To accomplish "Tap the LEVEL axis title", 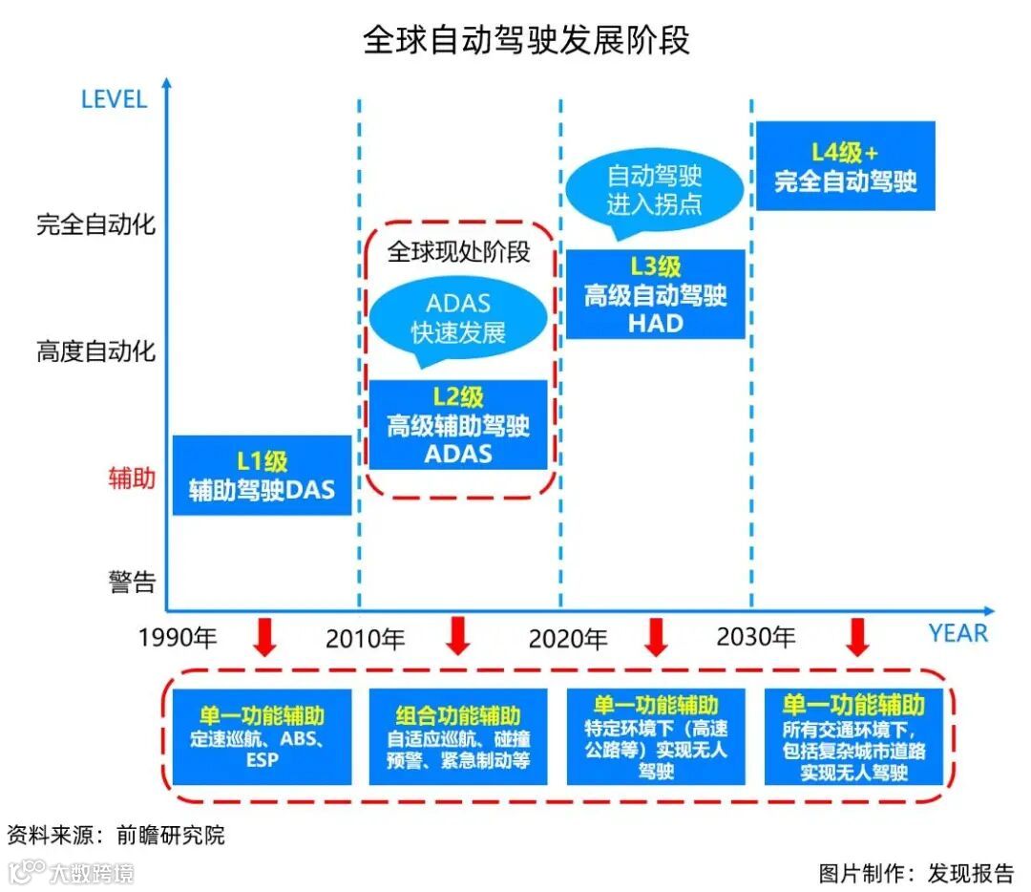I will click(114, 99).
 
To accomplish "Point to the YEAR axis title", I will click(957, 633).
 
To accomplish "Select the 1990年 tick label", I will click(178, 638).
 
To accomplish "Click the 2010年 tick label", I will click(365, 638).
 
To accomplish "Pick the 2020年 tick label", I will click(568, 638).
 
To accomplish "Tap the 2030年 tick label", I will click(756, 636).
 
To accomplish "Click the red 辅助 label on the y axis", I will click(131, 478).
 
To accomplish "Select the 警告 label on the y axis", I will click(132, 582).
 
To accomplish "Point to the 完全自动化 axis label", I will click(95, 225).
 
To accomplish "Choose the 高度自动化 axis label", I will click(95, 351).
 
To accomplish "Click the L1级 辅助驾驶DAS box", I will click(262, 476).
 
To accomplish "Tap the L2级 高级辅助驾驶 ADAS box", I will click(458, 425).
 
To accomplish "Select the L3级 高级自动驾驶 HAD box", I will click(655, 294).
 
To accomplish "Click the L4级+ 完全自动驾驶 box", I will click(845, 166).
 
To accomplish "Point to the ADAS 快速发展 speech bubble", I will click(458, 318).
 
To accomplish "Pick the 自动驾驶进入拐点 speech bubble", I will click(655, 189).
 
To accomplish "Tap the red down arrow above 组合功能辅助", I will click(458, 636).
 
